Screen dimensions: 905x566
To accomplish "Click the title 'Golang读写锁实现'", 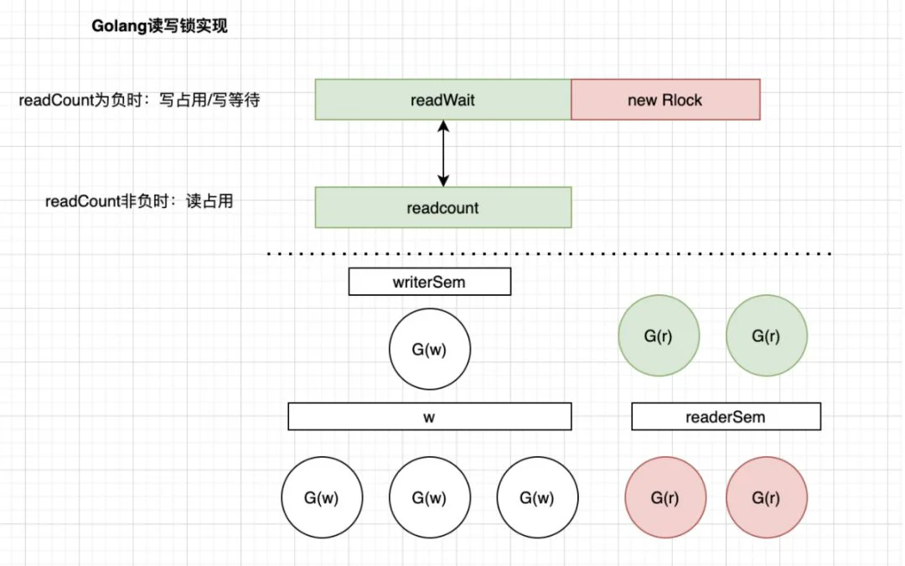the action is tap(159, 26).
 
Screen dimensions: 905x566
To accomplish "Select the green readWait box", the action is tap(442, 99).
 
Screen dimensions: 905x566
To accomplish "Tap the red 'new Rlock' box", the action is tap(665, 99).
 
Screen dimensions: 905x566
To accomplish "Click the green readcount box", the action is tap(442, 207).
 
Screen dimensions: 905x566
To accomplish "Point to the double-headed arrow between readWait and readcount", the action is tap(443, 153).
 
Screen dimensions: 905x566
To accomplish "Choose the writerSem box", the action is tap(429, 282).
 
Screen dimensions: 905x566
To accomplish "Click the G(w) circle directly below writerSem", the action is tap(429, 349).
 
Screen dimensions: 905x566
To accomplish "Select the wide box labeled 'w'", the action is tap(429, 417).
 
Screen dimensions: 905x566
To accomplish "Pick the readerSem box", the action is tap(726, 417).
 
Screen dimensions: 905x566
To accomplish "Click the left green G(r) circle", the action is tap(659, 335).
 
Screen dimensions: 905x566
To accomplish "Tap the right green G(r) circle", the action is tap(767, 335).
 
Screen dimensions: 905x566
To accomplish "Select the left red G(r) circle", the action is tap(665, 497).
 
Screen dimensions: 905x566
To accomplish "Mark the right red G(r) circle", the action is tap(767, 497).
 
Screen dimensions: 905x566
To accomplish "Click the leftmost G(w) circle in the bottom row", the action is tap(322, 497).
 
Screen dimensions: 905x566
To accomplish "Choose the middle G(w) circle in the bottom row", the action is tap(429, 497).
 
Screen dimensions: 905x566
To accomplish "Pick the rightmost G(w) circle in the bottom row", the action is tap(537, 497).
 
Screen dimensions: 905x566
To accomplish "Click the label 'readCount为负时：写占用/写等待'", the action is tap(139, 100).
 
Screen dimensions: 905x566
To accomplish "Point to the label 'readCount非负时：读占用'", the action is tap(139, 201).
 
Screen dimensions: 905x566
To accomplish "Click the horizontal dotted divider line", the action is tap(550, 253).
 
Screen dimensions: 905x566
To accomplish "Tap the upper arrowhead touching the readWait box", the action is tap(443, 125).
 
